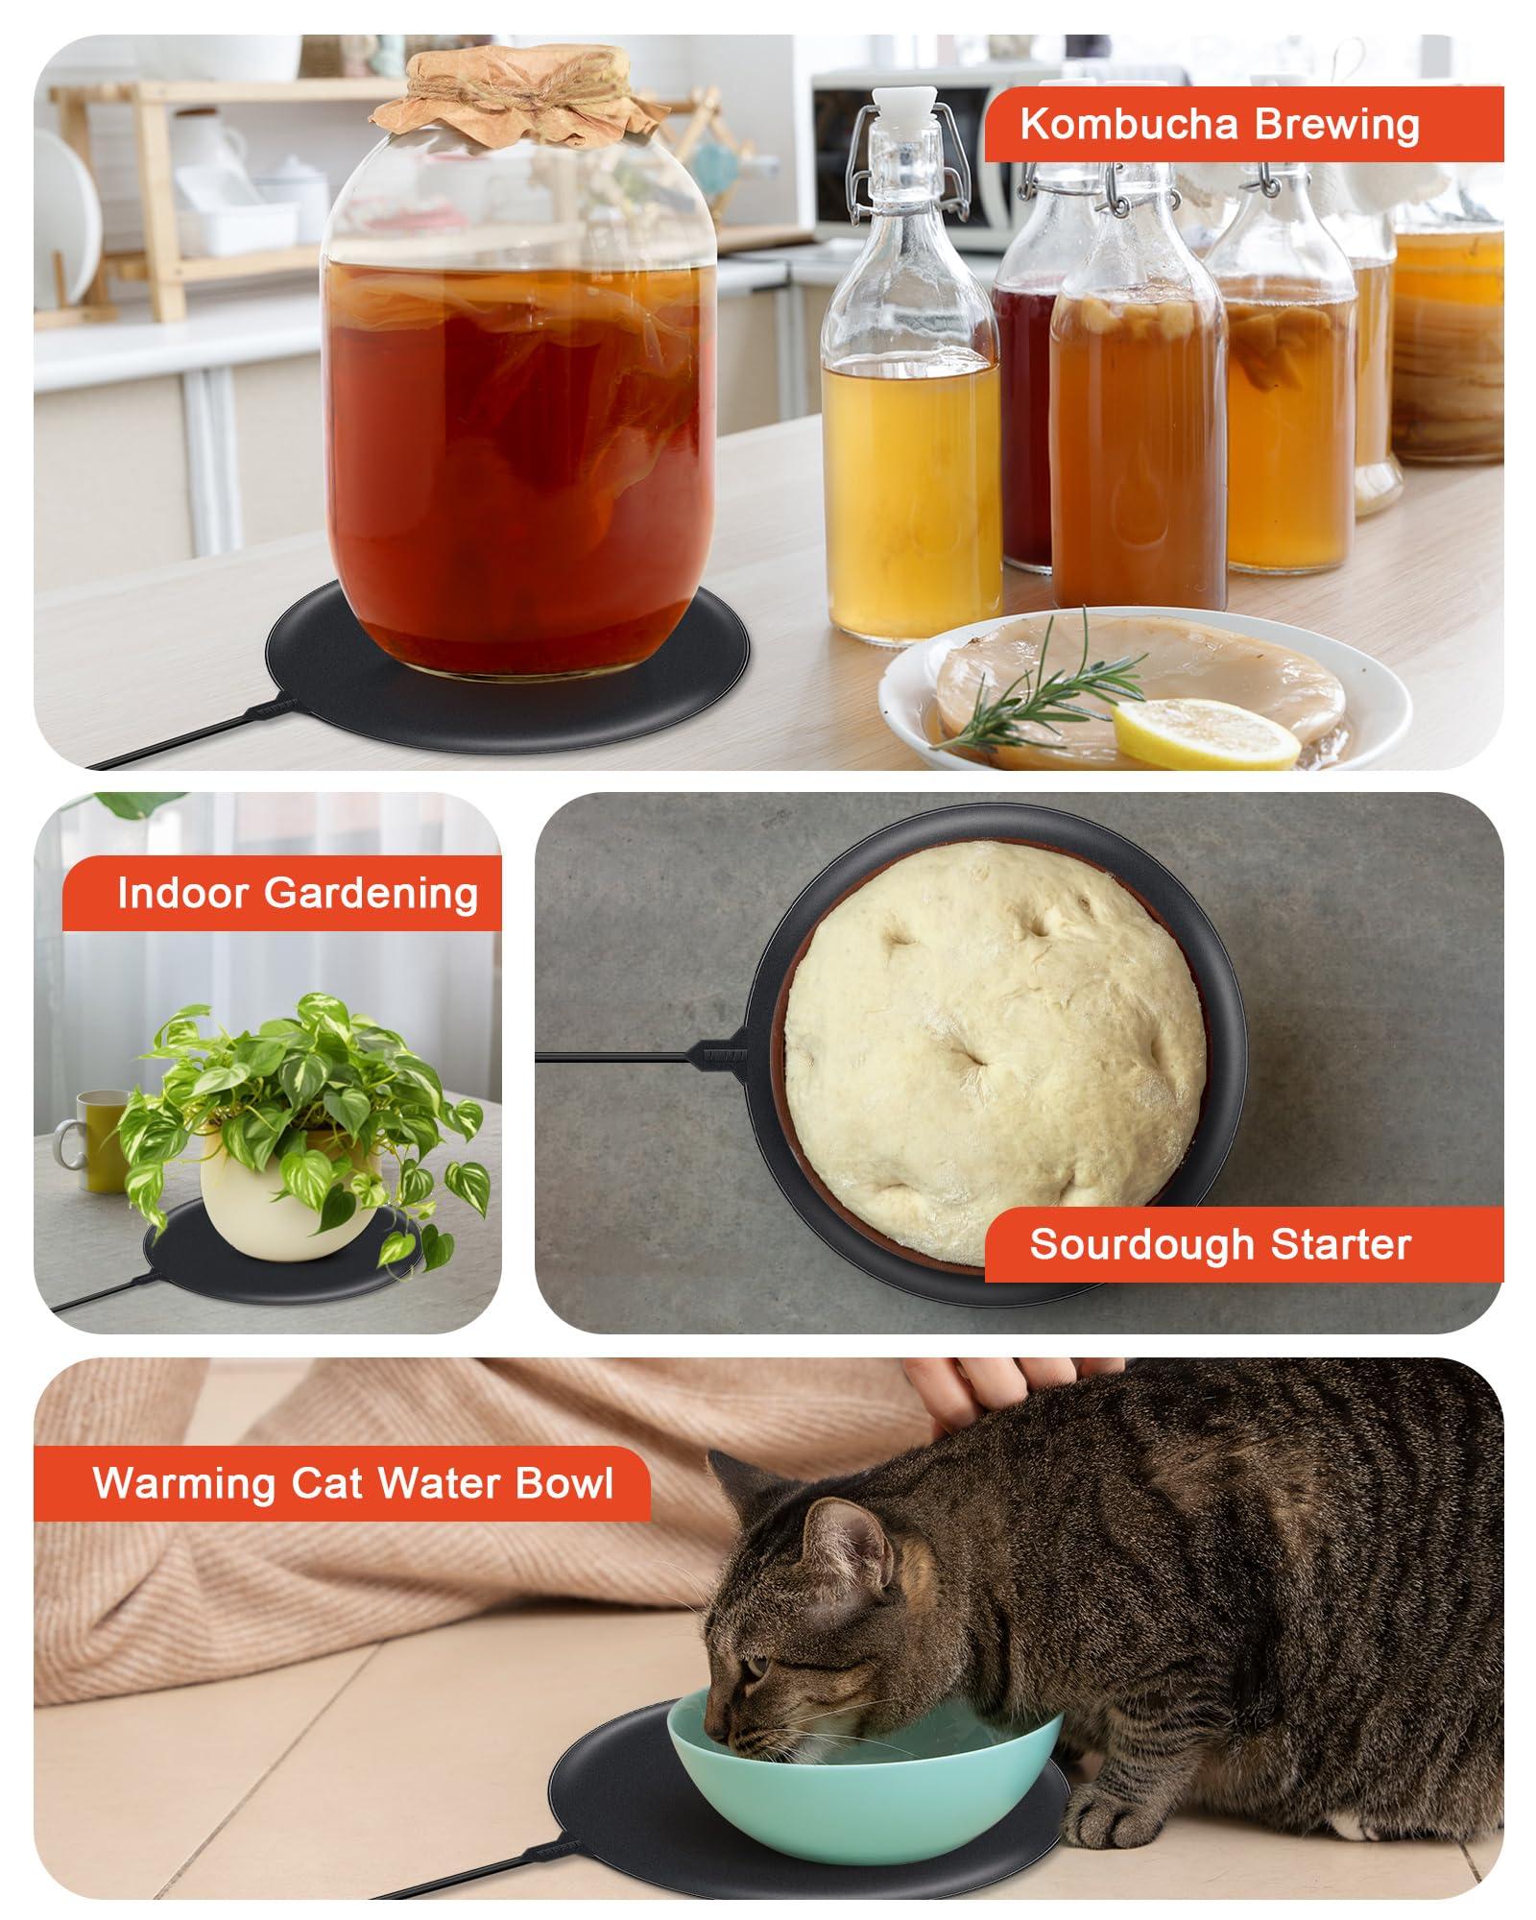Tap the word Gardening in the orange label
click(x=372, y=893)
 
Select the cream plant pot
click(x=278, y=1210)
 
